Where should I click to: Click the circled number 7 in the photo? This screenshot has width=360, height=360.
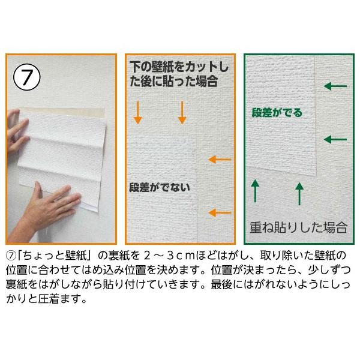pos(26,77)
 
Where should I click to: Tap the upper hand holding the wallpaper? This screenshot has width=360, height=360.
pos(18,131)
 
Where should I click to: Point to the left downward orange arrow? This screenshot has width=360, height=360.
pos(138,113)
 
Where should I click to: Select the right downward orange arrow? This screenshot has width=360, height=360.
pos(182,113)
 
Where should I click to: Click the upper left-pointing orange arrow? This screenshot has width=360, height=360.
pos(220,160)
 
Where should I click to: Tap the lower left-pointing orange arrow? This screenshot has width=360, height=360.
pos(220,212)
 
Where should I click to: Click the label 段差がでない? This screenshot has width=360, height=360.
pos(160,187)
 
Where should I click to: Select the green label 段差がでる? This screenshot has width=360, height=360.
pos(277,113)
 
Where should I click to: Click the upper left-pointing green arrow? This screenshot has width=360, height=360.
pos(335,86)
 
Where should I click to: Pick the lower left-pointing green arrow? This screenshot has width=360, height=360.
pos(335,139)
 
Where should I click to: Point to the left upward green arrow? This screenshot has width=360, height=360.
pos(255,191)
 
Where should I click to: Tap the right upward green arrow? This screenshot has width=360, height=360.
pos(299,194)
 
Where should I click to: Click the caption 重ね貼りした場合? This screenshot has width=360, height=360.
pos(298,227)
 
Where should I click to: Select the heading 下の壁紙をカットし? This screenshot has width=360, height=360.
pos(179,67)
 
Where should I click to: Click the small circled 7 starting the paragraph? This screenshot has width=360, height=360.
pos(11,256)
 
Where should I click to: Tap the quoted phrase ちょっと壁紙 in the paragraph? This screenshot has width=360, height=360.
pos(55,256)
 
